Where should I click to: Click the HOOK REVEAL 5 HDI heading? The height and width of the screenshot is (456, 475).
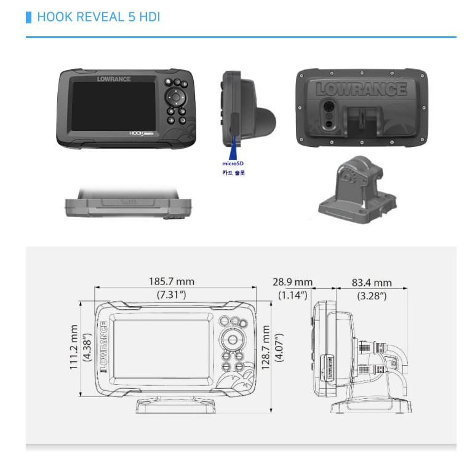98,17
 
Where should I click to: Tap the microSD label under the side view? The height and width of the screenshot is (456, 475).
233,163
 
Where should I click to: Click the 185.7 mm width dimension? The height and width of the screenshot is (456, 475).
172,281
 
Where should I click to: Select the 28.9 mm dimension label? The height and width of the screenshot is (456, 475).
292,282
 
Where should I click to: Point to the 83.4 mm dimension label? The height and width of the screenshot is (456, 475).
372,283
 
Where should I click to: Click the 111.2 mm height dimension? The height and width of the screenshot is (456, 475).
73,348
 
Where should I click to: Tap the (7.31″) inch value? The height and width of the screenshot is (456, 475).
172,295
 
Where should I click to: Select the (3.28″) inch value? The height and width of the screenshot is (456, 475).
372,296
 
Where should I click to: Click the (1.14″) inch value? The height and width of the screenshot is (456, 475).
292,295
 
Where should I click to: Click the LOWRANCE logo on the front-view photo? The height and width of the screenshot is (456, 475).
114,79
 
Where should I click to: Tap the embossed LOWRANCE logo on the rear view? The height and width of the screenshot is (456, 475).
361,89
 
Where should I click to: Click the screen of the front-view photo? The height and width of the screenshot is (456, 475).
113,106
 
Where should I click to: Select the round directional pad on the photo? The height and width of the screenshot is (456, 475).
175,97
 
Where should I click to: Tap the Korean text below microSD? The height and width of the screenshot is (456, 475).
233,173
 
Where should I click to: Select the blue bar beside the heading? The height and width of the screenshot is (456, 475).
28,17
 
